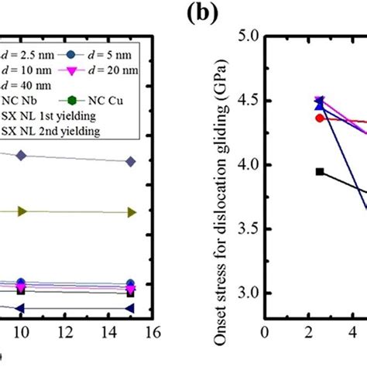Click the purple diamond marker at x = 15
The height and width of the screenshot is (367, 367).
point(130,161)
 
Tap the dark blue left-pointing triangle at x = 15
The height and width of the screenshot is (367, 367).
point(130,308)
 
